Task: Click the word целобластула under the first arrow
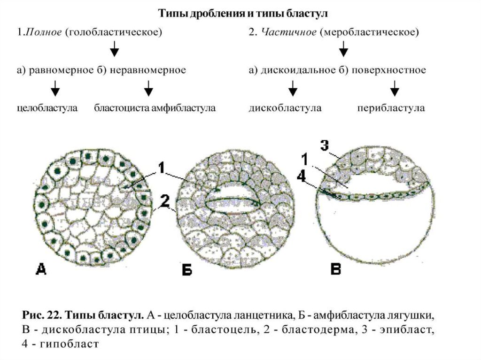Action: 47,108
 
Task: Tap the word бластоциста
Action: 122,108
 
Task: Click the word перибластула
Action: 390,108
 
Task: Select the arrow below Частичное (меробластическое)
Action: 343,48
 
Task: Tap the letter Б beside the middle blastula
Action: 186,271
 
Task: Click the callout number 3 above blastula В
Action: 325,146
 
